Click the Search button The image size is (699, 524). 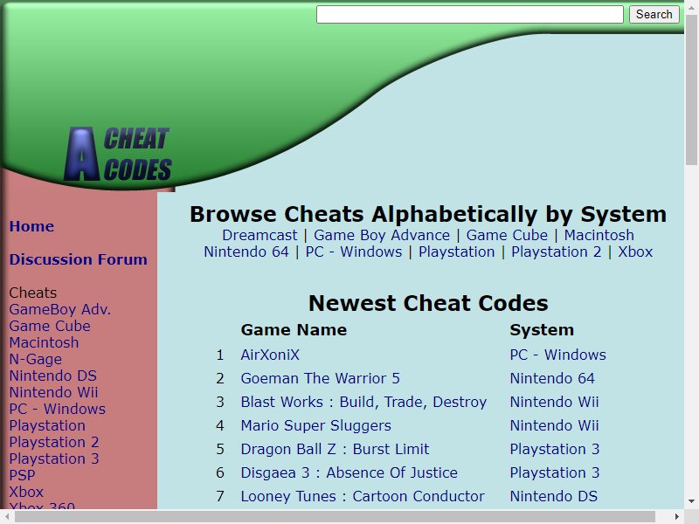654,14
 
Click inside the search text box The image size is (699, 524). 470,14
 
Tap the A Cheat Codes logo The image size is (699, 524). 118,155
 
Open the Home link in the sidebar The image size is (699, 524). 31,226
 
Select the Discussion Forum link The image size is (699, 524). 79,259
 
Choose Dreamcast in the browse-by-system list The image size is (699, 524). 260,235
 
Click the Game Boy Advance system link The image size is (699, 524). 382,235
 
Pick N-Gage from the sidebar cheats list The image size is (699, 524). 36,359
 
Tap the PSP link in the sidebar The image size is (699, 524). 23,475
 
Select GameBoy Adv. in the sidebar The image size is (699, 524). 60,309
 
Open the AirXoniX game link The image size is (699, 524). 270,355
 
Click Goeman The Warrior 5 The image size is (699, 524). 320,378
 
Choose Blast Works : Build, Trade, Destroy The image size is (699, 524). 363,402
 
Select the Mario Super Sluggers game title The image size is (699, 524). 316,425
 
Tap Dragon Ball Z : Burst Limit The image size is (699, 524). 335,449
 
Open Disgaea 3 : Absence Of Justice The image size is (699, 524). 349,472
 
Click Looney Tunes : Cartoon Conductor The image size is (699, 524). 363,496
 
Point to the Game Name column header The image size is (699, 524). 294,330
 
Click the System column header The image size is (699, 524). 542,330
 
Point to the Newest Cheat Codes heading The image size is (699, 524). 428,303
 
